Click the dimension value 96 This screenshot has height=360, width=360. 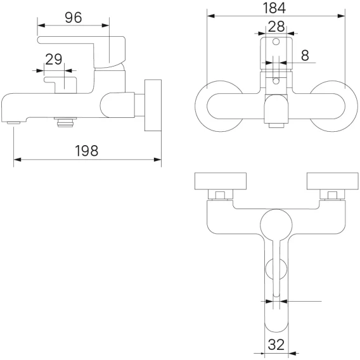[74, 18]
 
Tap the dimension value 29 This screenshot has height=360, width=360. [54, 59]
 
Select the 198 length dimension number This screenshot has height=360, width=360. [87, 151]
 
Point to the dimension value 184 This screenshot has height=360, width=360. [274, 8]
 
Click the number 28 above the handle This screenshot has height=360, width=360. [276, 27]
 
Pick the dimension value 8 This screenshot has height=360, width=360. [305, 55]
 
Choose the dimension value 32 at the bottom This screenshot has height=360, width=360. [276, 345]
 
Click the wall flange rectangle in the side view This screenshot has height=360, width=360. [153, 105]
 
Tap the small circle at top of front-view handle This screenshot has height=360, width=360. [276, 42]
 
